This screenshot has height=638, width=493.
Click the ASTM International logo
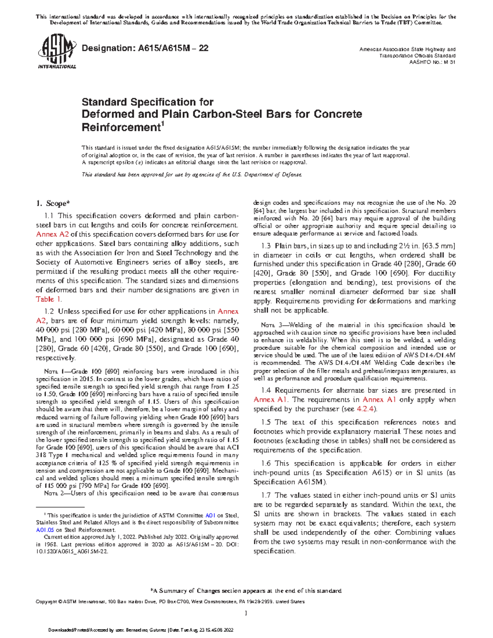pyautogui.click(x=57, y=52)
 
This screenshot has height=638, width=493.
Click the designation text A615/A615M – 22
pyautogui.click(x=145, y=48)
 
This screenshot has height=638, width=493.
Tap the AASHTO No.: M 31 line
pyautogui.click(x=432, y=62)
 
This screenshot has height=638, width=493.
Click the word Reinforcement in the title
pyautogui.click(x=120, y=127)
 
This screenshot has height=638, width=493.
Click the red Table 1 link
pyautogui.click(x=48, y=299)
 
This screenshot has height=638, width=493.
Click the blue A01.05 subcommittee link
pyautogui.click(x=45, y=530)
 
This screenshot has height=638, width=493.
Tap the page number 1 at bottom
pyautogui.click(x=246, y=614)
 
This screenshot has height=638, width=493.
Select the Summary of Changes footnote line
pyautogui.click(x=246, y=591)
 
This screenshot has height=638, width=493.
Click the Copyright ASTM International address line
pyautogui.click(x=170, y=601)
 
